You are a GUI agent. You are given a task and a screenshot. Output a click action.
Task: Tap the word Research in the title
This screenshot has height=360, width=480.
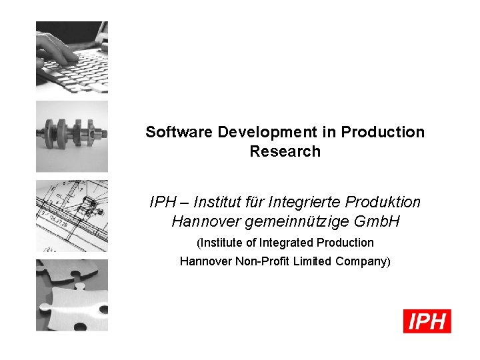point(285,151)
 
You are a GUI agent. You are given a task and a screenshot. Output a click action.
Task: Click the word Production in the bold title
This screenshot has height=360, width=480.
point(383,132)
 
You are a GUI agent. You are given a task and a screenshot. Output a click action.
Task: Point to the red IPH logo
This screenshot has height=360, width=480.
point(427,321)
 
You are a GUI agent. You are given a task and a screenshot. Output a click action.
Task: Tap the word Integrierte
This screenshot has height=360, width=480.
point(307,201)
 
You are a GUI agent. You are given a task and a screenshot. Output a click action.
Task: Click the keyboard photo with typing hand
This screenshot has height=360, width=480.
point(72,57)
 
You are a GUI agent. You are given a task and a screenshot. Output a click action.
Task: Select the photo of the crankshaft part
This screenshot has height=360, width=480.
point(72,136)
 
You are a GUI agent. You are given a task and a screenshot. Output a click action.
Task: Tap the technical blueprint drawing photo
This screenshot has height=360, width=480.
point(72,215)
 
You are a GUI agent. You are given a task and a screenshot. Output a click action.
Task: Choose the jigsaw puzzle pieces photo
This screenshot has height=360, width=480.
point(72,295)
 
